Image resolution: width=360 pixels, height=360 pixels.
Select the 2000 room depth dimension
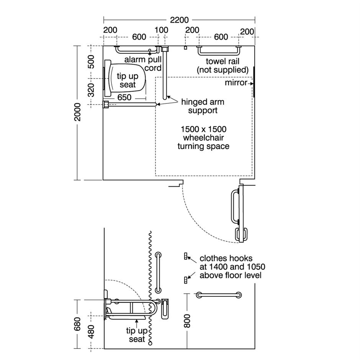tap(78, 112)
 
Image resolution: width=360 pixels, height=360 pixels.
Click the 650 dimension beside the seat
tap(124, 98)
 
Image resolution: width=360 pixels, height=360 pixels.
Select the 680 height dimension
tap(78, 324)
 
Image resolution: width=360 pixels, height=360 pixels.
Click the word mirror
tap(236, 82)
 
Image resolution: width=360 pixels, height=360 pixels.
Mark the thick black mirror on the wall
tap(254, 81)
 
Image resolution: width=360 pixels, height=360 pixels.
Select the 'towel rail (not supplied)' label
tap(223, 65)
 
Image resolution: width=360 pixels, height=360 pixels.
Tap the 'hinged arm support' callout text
tap(203, 106)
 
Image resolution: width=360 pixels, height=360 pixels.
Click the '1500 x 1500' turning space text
tap(203, 129)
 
